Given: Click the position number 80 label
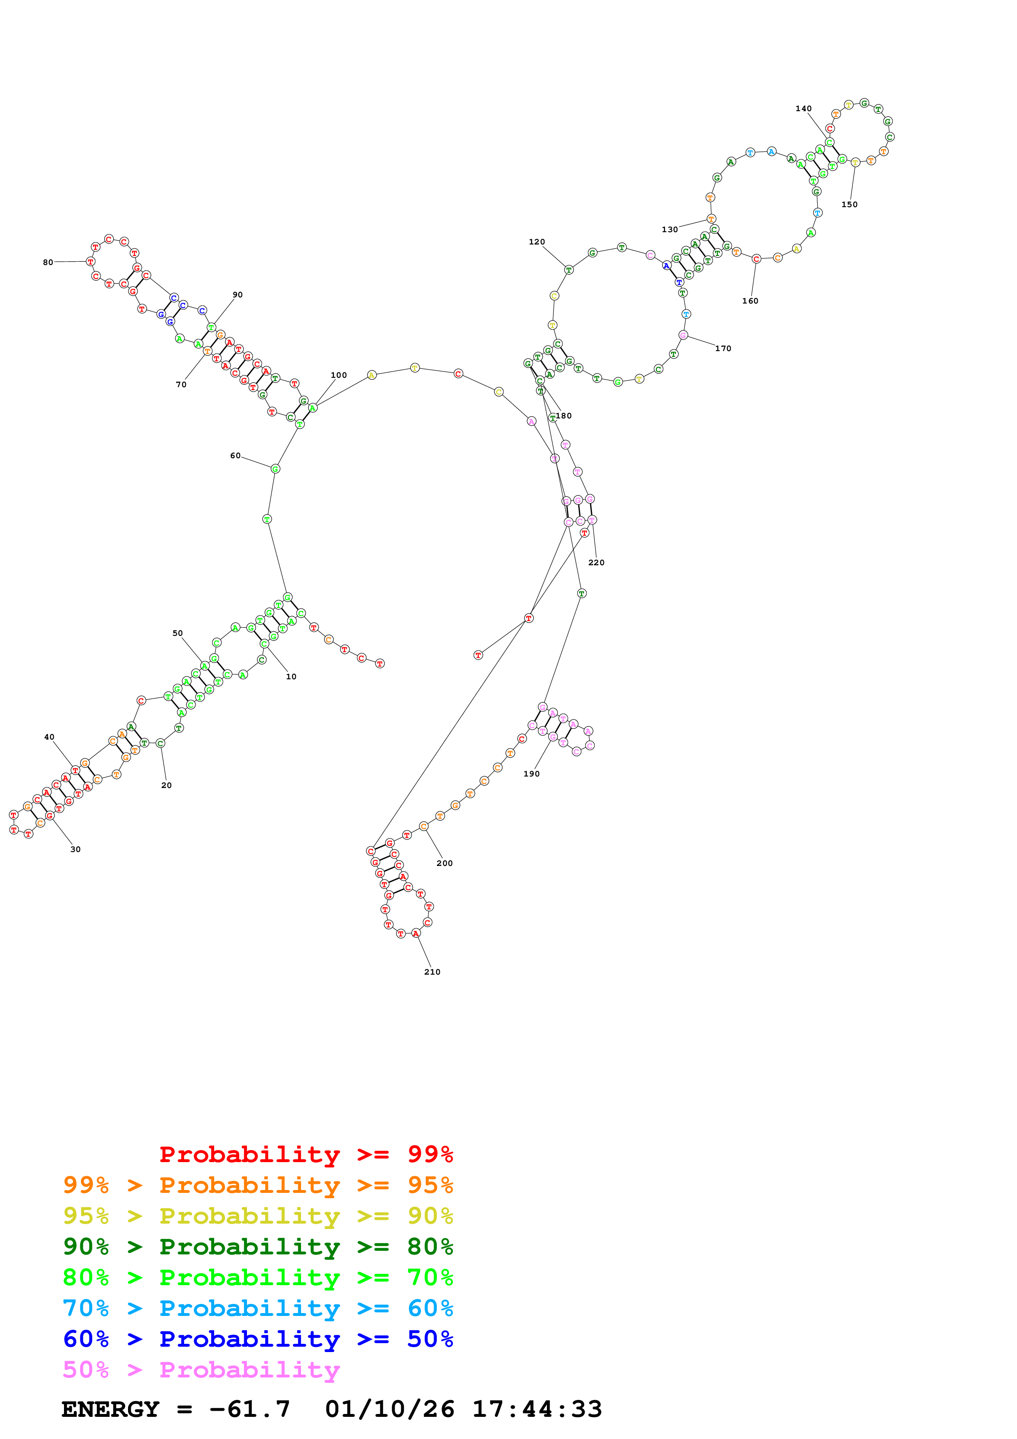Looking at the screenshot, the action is (48, 263).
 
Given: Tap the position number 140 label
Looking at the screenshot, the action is (803, 108).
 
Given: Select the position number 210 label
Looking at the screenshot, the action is (432, 972).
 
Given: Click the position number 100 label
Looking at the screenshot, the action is (338, 375).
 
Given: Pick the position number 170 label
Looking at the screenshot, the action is (723, 348).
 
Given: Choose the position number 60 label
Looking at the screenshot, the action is (235, 456).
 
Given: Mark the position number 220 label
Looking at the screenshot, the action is (596, 563).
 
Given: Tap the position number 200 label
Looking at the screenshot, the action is (444, 863).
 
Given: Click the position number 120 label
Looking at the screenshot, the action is (536, 242).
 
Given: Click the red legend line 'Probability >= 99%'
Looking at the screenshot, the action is (306, 1154).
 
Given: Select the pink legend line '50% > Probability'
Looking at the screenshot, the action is (201, 1370).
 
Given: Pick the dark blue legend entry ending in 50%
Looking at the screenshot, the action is (258, 1339).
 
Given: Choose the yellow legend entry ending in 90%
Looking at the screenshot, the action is (258, 1216).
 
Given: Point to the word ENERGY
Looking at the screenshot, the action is (110, 1409).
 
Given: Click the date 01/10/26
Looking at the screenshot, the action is (389, 1409).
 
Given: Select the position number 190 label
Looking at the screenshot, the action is (531, 774).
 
